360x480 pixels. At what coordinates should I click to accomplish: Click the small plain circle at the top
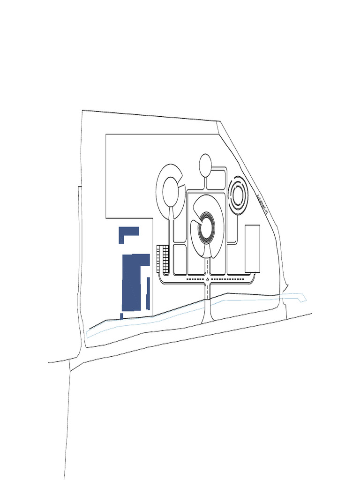[x=205, y=165]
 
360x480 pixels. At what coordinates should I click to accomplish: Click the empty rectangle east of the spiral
[x=252, y=248]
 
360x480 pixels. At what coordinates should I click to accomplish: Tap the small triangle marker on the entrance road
[x=207, y=279]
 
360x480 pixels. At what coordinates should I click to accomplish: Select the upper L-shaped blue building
[x=128, y=233]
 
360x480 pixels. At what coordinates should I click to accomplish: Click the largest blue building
[x=132, y=284]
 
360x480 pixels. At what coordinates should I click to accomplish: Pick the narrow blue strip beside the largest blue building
[x=148, y=293]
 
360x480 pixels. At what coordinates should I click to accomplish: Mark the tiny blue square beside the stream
[x=121, y=316]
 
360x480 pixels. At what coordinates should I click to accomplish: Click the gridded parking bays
[x=163, y=259]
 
